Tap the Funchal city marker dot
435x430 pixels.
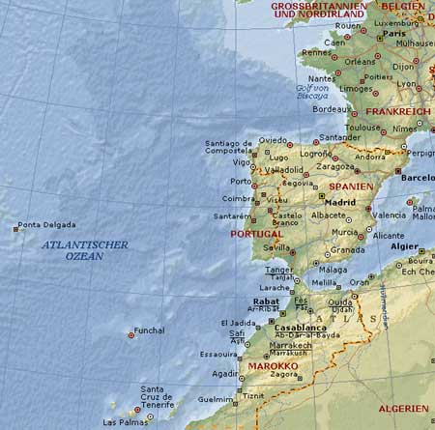[131, 335]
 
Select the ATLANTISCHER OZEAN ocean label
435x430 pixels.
[85, 250]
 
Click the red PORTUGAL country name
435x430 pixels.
[256, 234]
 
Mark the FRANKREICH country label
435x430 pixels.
[403, 112]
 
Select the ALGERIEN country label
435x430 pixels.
[402, 409]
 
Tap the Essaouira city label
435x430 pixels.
[219, 355]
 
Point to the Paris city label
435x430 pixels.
[393, 33]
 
